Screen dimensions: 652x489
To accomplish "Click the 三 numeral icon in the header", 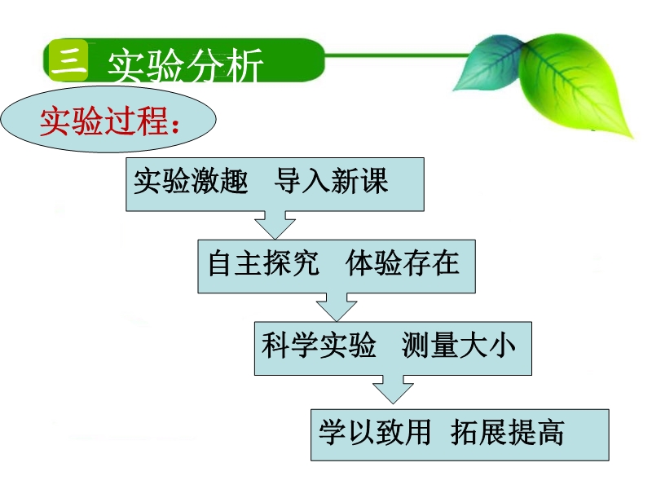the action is pyautogui.click(x=68, y=60).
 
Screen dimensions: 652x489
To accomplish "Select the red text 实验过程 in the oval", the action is pyautogui.click(x=104, y=121).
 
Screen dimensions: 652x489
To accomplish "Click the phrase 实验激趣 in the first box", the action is pyautogui.click(x=191, y=181).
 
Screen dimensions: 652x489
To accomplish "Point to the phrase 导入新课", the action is pyautogui.click(x=331, y=181).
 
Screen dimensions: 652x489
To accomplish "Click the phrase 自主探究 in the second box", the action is pyautogui.click(x=263, y=262).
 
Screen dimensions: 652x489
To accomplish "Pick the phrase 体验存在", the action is pyautogui.click(x=402, y=262).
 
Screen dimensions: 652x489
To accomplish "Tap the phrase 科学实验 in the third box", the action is pyautogui.click(x=319, y=345).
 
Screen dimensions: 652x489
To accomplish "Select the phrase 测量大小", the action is pyautogui.click(x=459, y=345).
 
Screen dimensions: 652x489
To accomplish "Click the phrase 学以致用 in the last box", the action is pyautogui.click(x=375, y=433).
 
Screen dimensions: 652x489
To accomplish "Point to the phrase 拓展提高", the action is pyautogui.click(x=507, y=433).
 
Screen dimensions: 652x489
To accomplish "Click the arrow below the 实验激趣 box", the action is pyautogui.click(x=275, y=225).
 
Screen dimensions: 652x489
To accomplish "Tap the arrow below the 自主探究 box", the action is pyautogui.click(x=337, y=307).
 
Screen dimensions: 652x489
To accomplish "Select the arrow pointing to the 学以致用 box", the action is pyautogui.click(x=393, y=390).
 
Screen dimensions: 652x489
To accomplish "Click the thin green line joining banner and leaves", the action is pyautogui.click(x=397, y=55).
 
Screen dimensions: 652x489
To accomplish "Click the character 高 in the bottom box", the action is pyautogui.click(x=551, y=433).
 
